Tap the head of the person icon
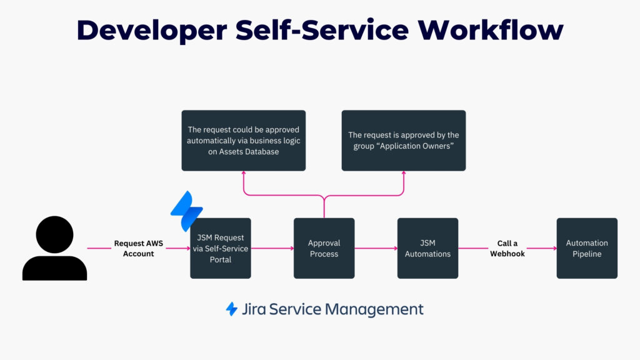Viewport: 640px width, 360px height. (x=55, y=234)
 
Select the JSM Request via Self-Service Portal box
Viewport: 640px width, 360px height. (x=221, y=248)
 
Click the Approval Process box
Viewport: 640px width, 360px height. (x=324, y=248)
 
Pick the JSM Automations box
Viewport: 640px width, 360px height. (x=427, y=248)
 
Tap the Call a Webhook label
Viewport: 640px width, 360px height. (x=507, y=248)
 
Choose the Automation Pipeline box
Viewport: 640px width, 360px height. (x=587, y=248)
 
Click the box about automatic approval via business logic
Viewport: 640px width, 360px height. (x=243, y=141)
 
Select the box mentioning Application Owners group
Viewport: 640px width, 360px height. (x=403, y=141)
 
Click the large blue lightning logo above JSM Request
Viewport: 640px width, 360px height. (x=186, y=211)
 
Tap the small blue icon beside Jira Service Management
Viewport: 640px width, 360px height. (x=232, y=309)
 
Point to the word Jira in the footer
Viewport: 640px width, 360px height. (x=255, y=309)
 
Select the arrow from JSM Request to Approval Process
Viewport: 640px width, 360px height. (x=272, y=248)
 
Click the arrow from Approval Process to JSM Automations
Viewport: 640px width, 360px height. (x=376, y=248)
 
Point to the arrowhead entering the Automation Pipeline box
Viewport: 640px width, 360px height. (x=554, y=248)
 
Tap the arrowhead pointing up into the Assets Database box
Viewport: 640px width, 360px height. (x=243, y=174)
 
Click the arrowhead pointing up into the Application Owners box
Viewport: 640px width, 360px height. (x=403, y=174)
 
